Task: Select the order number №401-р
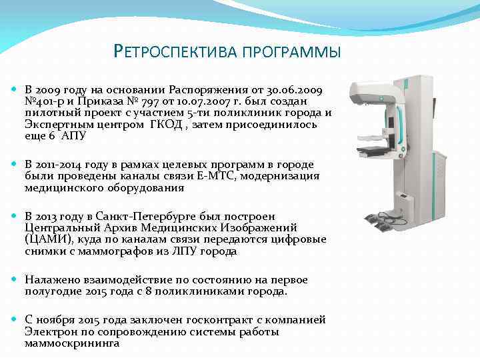47,101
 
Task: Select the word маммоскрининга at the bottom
72,343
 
